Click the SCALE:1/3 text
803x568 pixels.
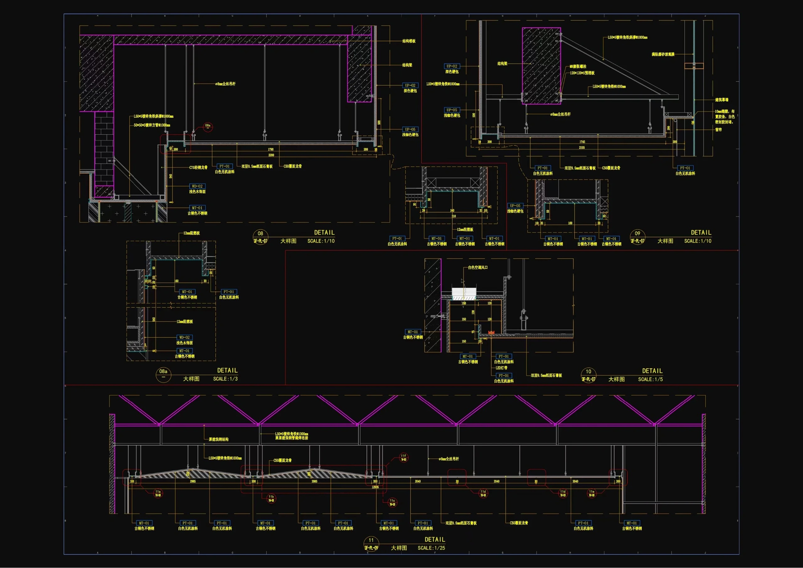point(225,379)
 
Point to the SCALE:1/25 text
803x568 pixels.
point(431,548)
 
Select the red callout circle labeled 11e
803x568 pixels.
point(591,493)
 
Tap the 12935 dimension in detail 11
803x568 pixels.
point(375,487)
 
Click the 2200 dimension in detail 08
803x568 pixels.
point(271,155)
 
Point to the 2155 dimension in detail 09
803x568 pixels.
point(582,147)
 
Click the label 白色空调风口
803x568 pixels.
point(478,267)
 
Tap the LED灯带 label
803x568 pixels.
point(501,368)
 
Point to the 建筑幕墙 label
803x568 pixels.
point(721,100)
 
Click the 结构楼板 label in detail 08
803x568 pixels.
point(409,41)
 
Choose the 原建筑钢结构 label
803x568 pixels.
point(219,439)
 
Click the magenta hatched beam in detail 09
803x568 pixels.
point(541,66)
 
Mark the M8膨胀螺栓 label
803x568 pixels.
point(578,66)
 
